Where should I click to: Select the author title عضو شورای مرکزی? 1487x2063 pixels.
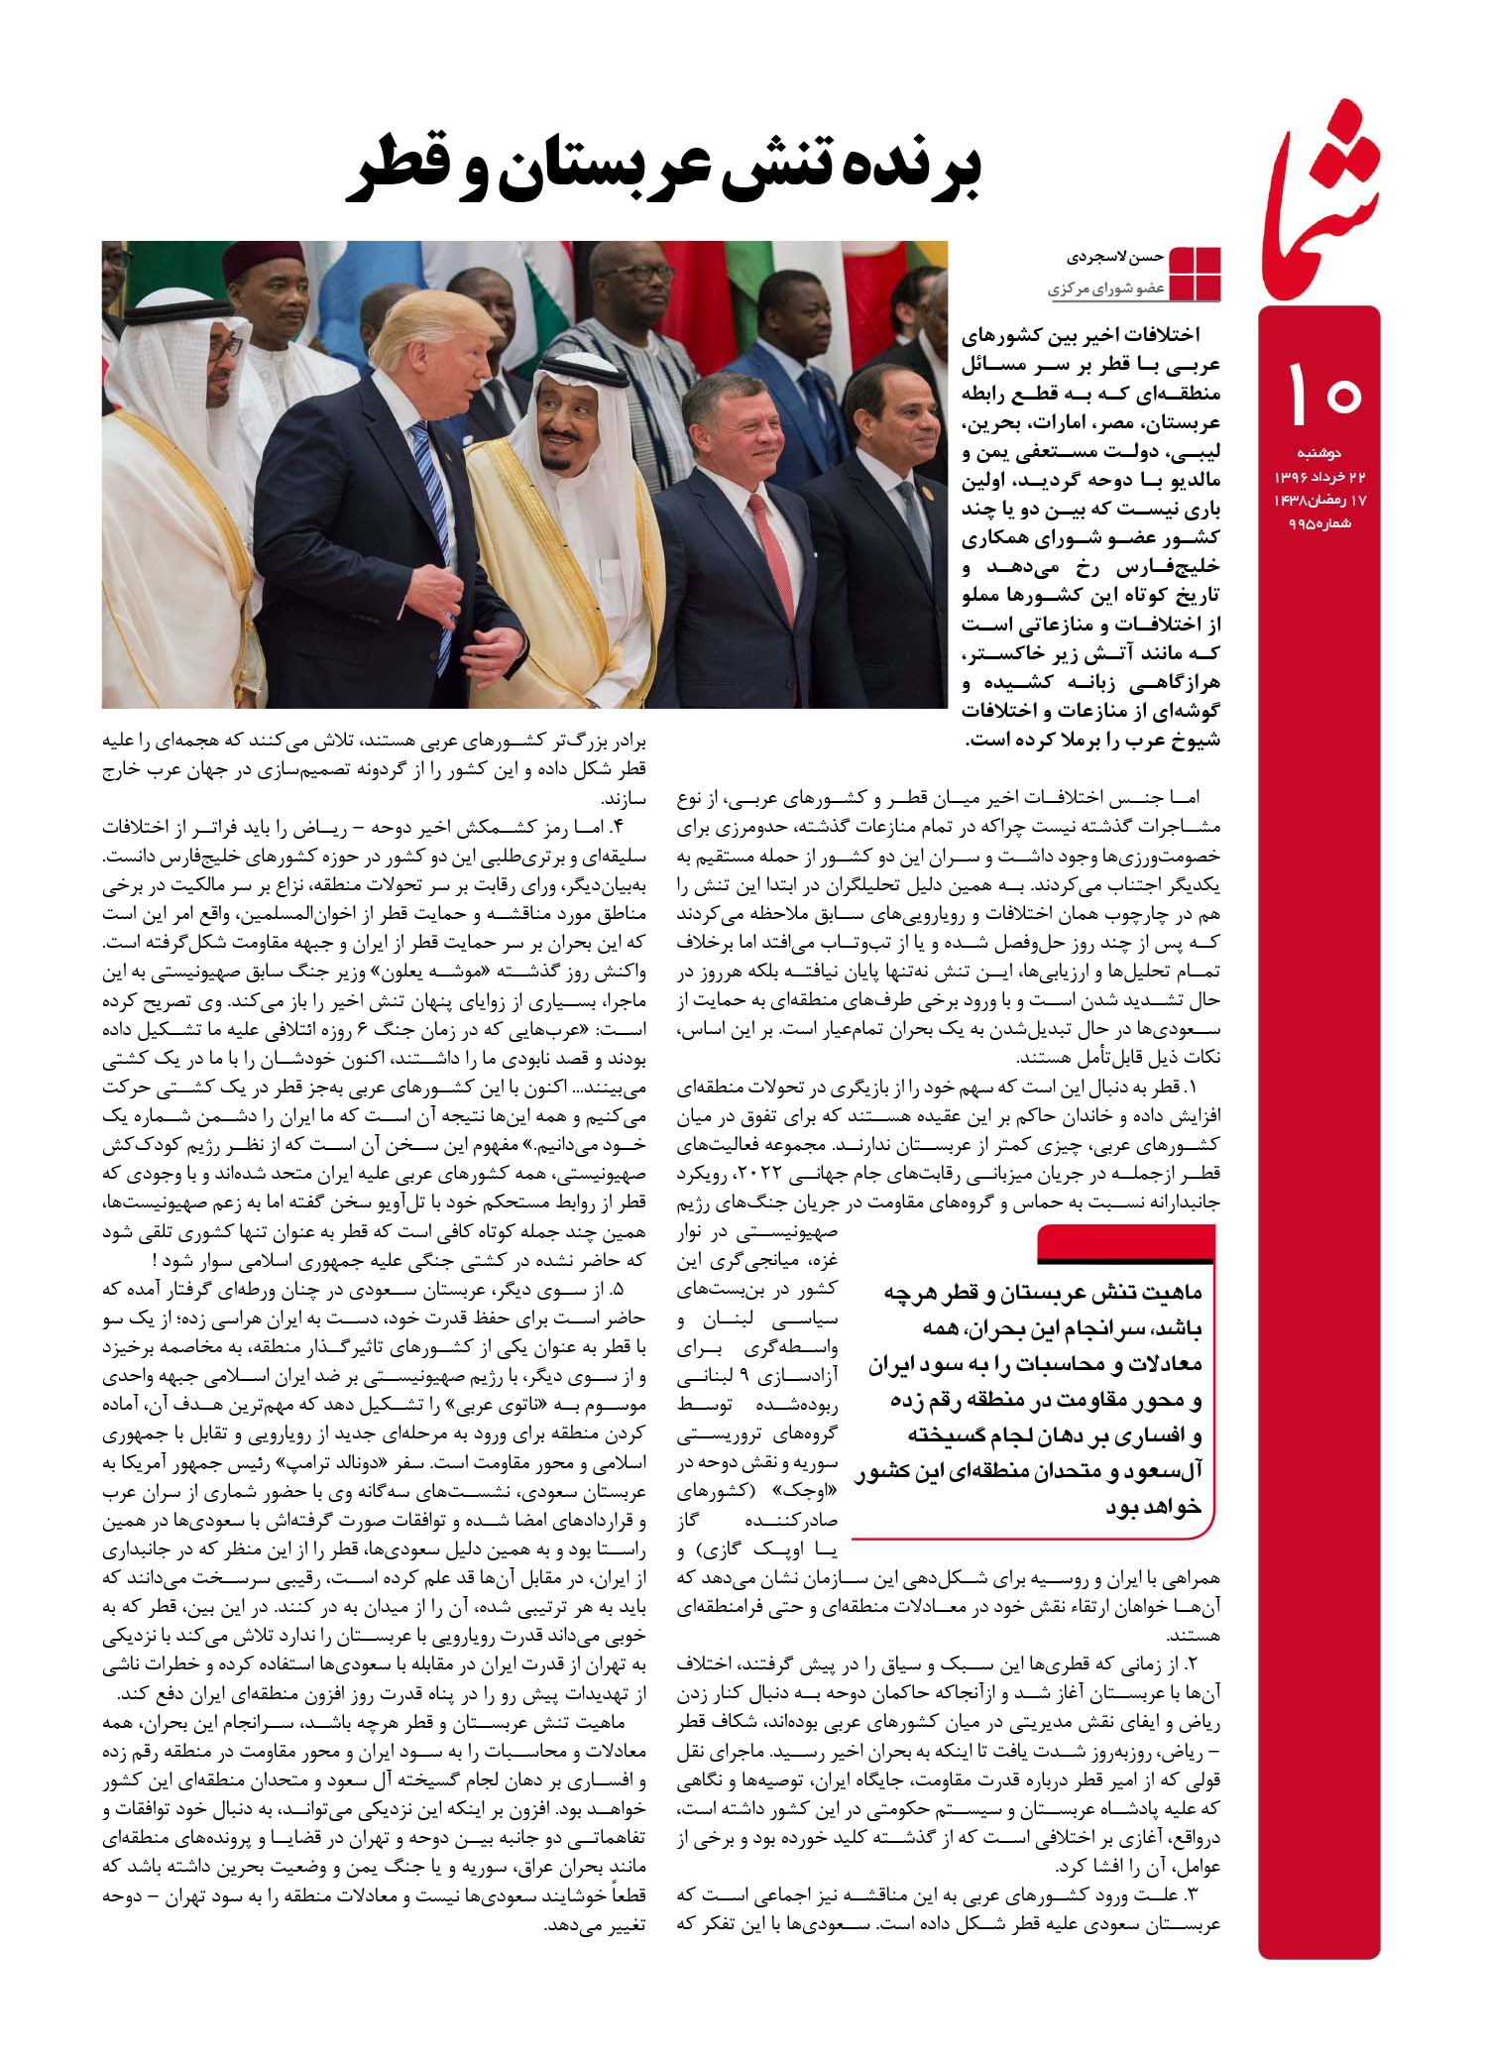tap(1105, 290)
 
